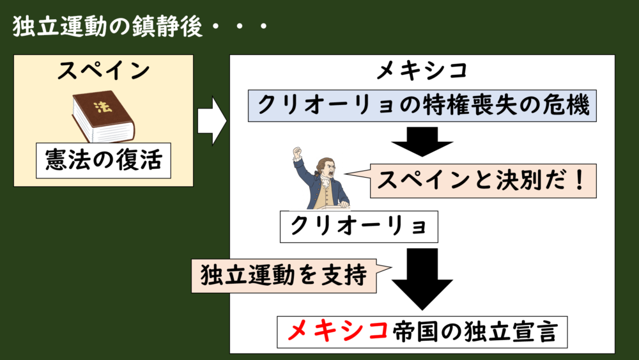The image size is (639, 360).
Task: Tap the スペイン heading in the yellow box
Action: [x=103, y=71]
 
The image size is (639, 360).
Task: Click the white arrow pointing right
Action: [x=211, y=120]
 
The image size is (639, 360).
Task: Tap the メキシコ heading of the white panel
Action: [x=422, y=72]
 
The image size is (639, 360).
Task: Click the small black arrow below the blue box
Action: [x=422, y=141]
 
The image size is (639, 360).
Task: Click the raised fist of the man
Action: [x=297, y=153]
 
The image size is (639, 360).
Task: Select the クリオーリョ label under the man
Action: [x=358, y=226]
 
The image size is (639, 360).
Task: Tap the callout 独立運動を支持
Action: [x=284, y=276]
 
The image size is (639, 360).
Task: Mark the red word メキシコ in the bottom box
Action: [x=338, y=331]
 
